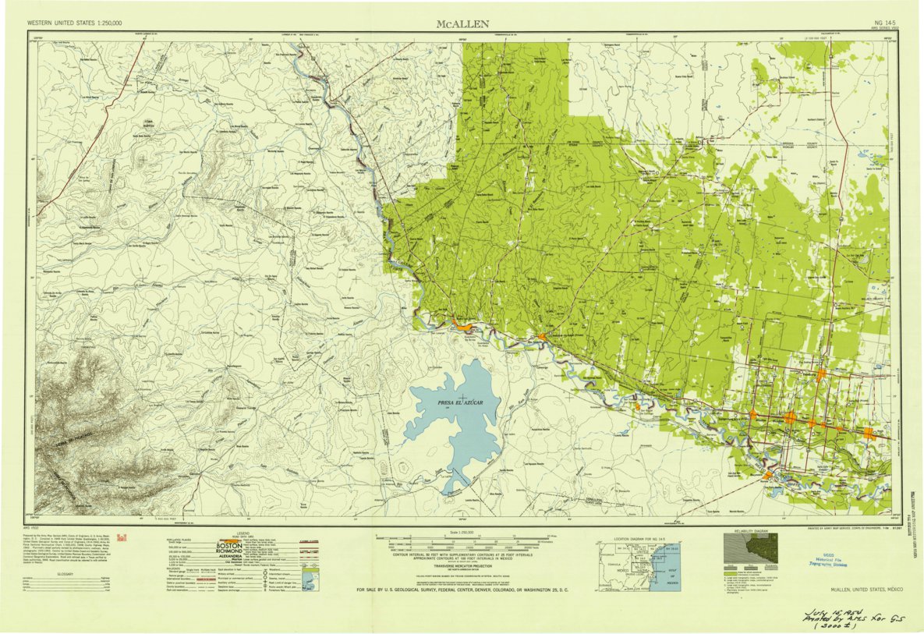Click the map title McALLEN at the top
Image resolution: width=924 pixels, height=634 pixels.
pos(462,23)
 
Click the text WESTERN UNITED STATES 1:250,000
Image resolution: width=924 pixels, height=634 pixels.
pos(75,24)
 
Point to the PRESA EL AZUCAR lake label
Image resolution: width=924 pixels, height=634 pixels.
pos(458,402)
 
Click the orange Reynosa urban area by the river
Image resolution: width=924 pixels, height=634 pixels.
pos(767,475)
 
